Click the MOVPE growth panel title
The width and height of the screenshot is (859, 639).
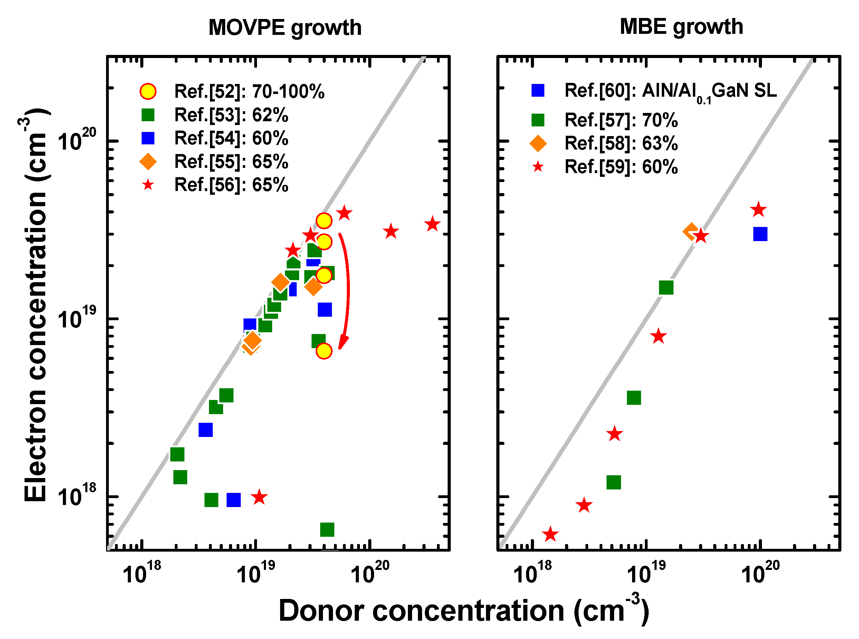pyautogui.click(x=285, y=28)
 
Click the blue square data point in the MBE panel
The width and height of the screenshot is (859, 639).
pyautogui.click(x=760, y=234)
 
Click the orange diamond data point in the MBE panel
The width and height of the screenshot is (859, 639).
pyautogui.click(x=691, y=232)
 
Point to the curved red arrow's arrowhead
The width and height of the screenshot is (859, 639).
pyautogui.click(x=342, y=343)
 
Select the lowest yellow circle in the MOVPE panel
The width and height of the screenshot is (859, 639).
pyautogui.click(x=324, y=351)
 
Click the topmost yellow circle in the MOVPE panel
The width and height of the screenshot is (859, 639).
pyautogui.click(x=324, y=220)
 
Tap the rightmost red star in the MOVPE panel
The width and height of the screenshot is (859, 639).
pyautogui.click(x=432, y=225)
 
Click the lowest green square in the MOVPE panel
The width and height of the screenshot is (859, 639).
pyautogui.click(x=327, y=530)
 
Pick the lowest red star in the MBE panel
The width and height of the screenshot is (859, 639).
pyautogui.click(x=550, y=535)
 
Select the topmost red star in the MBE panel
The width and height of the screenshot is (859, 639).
pyautogui.click(x=758, y=210)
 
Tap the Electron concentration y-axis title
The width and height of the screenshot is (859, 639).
pyautogui.click(x=36, y=306)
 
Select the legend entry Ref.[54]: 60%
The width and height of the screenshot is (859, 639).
pyautogui.click(x=231, y=138)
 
